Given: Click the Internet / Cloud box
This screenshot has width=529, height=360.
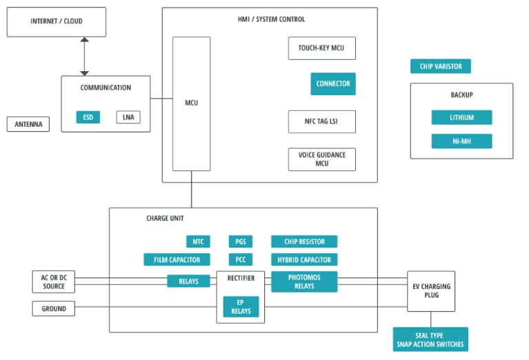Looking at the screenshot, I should click(57, 22).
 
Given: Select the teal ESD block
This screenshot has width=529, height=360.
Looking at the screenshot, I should click(88, 117).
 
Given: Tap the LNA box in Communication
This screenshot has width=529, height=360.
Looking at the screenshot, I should click(128, 117).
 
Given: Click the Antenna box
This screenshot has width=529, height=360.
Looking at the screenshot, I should click(28, 125).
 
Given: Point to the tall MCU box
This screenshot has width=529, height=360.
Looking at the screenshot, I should click(191, 103).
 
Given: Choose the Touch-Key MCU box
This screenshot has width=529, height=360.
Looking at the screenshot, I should click(321, 48).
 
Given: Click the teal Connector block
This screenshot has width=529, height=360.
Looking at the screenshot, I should click(333, 83).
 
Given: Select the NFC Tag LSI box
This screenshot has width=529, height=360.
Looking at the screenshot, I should click(321, 121).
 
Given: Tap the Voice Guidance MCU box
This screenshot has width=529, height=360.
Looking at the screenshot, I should click(321, 159).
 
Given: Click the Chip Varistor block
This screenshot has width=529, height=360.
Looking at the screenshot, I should click(441, 66).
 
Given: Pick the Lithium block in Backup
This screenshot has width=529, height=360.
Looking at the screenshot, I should click(461, 117).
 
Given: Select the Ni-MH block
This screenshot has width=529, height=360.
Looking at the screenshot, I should click(461, 141).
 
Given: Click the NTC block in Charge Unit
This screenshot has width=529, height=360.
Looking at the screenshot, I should click(198, 241).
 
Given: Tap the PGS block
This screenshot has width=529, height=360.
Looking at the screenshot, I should click(241, 241).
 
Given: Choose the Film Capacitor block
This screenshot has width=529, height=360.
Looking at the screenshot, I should click(177, 260).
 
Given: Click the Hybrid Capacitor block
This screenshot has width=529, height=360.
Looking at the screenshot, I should click(304, 260).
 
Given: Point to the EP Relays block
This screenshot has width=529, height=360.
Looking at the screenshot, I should click(241, 307).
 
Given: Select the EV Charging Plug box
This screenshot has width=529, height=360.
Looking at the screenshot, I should click(432, 290).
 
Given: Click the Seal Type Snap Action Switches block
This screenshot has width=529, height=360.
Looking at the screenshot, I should click(430, 339).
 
